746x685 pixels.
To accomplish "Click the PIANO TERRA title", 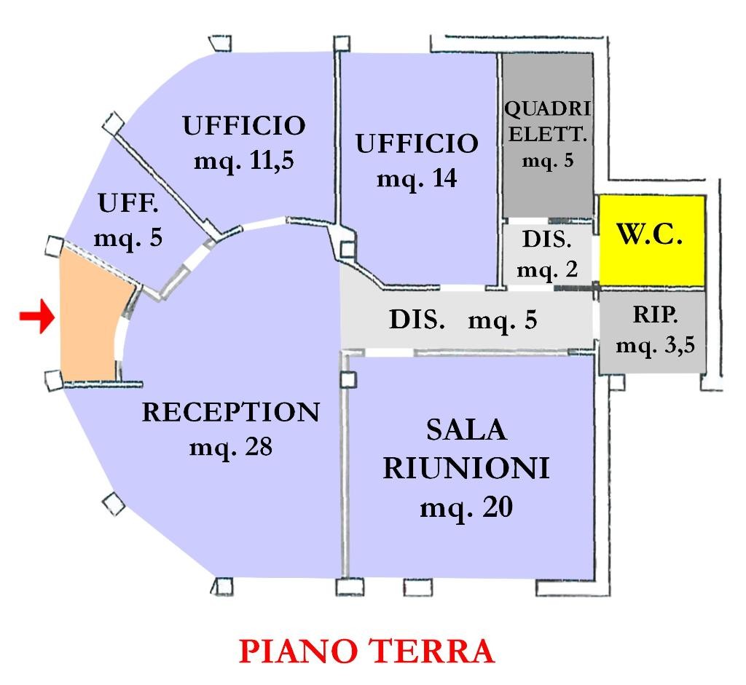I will (x=366, y=651).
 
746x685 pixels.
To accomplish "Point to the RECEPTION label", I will (x=230, y=412).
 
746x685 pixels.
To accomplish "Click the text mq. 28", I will (x=230, y=446).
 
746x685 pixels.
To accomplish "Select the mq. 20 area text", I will (x=466, y=507).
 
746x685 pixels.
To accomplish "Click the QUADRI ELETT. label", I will (x=548, y=121).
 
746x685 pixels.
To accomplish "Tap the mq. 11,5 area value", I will (x=243, y=161).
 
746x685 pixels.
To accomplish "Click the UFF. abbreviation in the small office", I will (x=128, y=204).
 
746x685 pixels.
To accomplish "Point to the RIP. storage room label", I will (x=654, y=315).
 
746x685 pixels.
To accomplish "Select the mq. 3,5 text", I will (x=655, y=344).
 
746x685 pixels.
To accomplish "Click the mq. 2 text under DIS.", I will (x=547, y=269).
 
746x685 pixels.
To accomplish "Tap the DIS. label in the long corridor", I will (x=417, y=319).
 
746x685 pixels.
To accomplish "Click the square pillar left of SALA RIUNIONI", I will (x=348, y=379).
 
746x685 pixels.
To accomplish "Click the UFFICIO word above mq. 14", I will (x=417, y=143).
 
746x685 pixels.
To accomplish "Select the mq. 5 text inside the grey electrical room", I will (x=548, y=161).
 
